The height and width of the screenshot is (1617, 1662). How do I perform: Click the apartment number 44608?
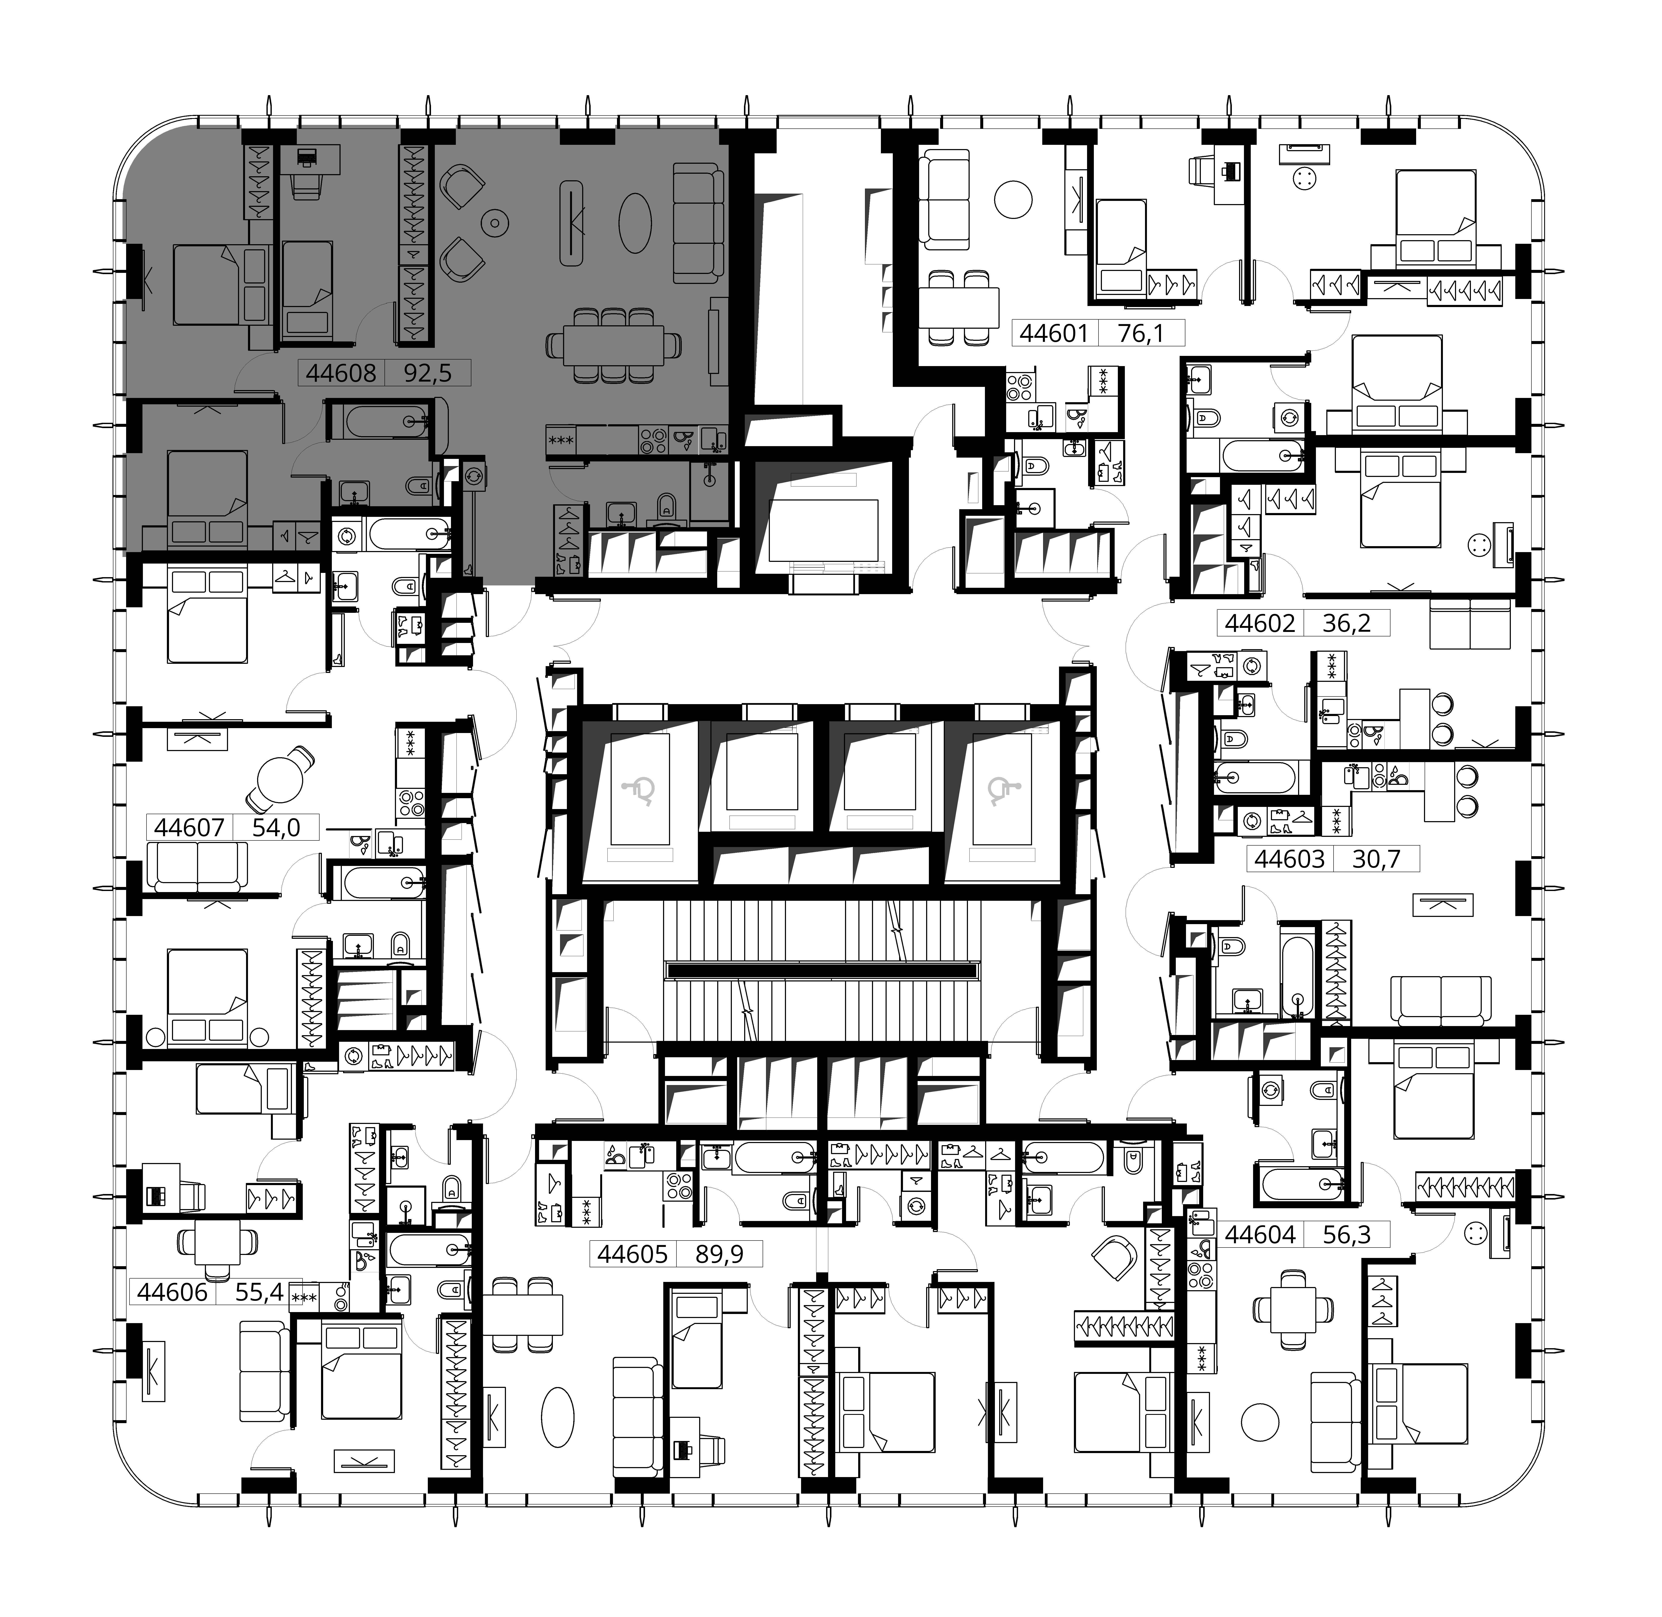click(341, 373)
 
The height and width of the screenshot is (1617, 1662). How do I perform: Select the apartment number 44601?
click(1053, 333)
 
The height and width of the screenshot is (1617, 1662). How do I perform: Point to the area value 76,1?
click(1141, 333)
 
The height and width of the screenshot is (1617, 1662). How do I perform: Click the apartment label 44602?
click(1260, 623)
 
